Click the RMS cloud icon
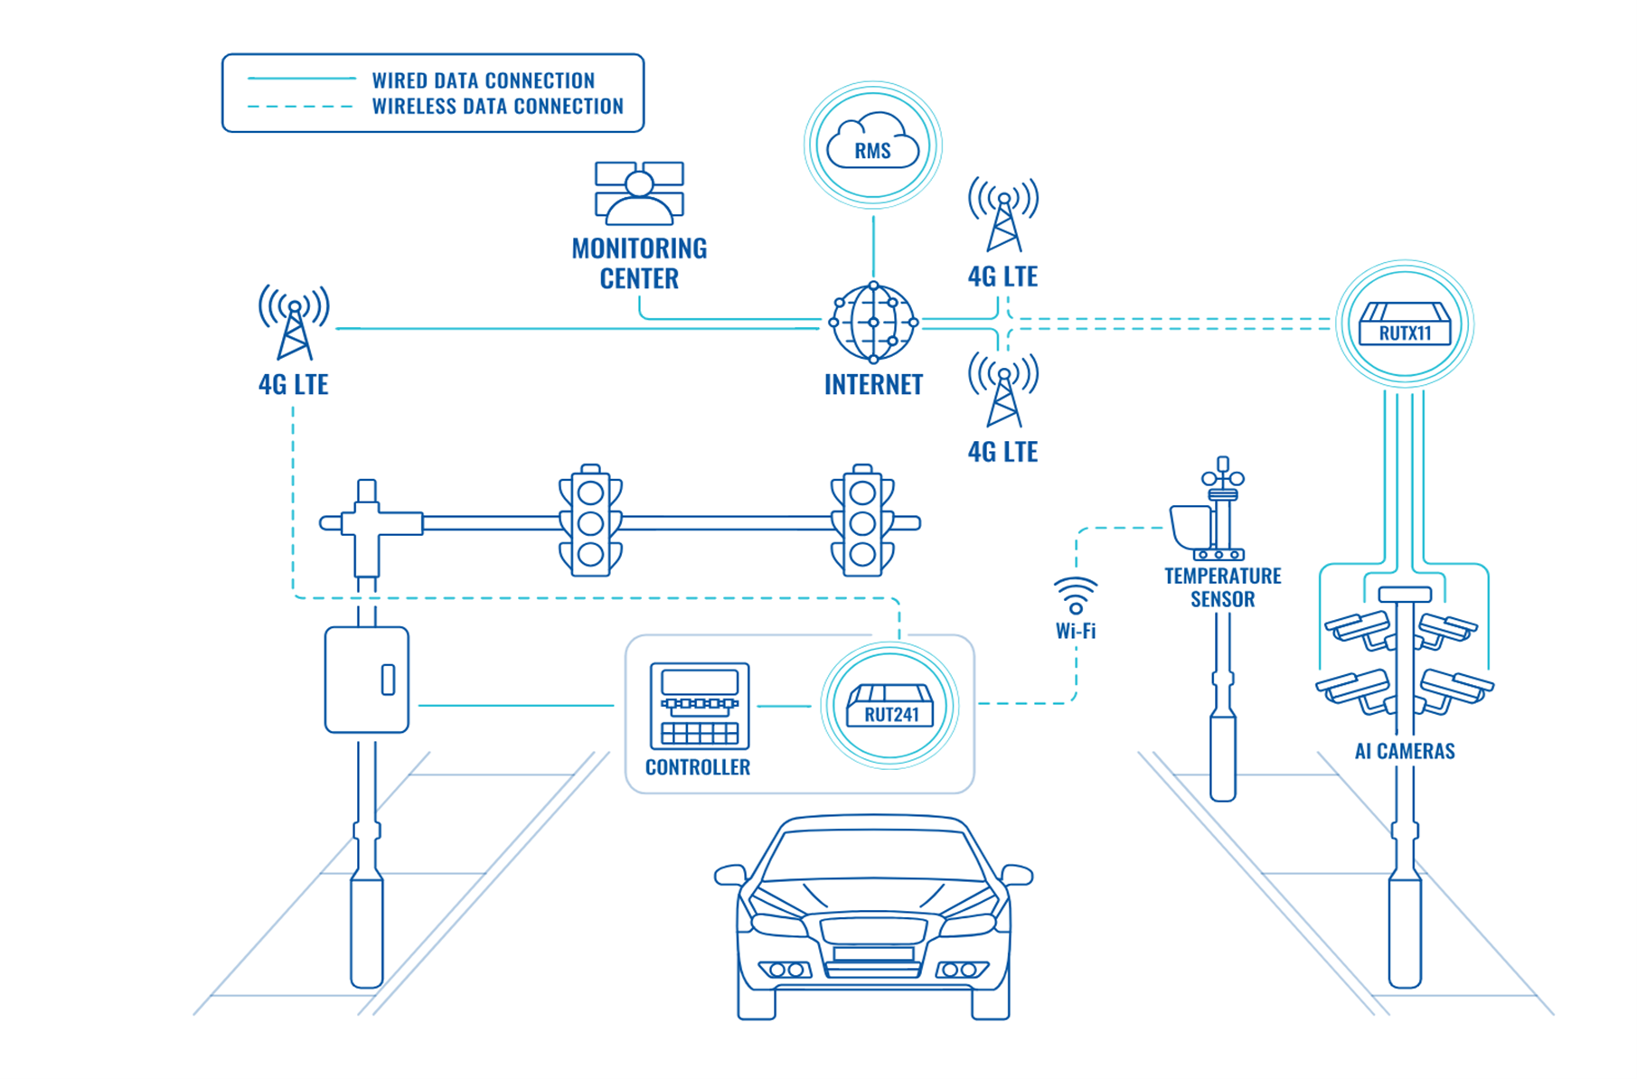tap(872, 144)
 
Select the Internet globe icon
tap(873, 322)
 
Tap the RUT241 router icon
tap(890, 705)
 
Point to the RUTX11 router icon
tap(1404, 324)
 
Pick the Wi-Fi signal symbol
tap(1076, 596)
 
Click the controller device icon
tap(700, 706)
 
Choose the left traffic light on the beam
tap(590, 522)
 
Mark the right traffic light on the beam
tap(862, 522)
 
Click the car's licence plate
tap(873, 953)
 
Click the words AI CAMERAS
tap(1404, 751)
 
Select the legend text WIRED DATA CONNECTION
tap(483, 80)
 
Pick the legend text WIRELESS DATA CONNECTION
tap(497, 107)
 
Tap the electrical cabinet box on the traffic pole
tap(367, 680)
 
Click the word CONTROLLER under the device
tap(698, 767)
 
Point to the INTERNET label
tap(873, 385)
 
